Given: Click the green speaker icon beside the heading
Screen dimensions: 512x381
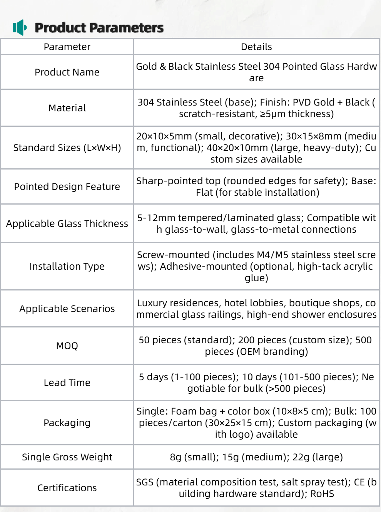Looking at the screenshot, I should tap(20, 28).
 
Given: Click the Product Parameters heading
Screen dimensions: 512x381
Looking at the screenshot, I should tap(99, 28).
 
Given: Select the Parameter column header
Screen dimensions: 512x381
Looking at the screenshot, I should tap(67, 47).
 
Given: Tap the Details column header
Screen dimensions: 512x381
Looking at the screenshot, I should tap(256, 47).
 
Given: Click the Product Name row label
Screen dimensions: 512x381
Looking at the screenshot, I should tap(67, 72).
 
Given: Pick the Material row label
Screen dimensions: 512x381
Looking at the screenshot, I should tap(67, 108).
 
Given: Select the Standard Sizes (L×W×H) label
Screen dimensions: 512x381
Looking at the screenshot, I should tap(67, 148).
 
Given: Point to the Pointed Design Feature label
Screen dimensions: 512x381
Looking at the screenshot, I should tap(67, 187).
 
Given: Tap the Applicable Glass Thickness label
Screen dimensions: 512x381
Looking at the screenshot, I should tap(67, 224).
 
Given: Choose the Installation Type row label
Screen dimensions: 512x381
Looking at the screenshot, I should tap(67, 267).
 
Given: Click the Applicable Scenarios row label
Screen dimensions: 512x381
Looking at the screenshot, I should tap(67, 309).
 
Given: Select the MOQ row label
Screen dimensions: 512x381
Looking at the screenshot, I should tap(67, 346).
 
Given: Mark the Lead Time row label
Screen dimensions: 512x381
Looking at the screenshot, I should tap(67, 383).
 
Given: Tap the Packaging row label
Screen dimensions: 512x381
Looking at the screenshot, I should tap(67, 423).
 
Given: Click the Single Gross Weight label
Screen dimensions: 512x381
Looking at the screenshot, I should tap(67, 457).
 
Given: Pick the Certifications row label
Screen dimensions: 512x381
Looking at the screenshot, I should tap(67, 488).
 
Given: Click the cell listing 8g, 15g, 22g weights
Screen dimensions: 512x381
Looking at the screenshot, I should tap(256, 457).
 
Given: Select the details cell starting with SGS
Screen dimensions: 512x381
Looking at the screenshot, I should tap(256, 488).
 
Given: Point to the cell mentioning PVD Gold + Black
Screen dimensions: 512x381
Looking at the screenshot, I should tap(256, 108).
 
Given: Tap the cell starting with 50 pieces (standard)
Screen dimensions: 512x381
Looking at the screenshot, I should tap(256, 346).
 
